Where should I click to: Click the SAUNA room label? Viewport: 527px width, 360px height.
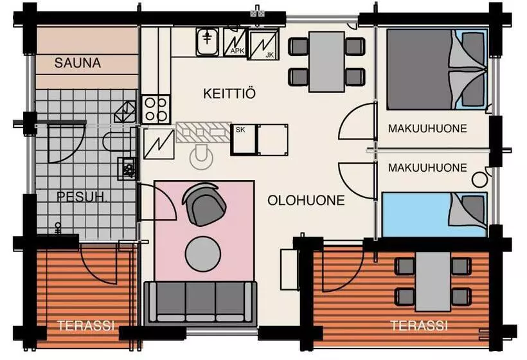[77, 63]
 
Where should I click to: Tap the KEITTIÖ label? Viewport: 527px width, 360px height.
[229, 93]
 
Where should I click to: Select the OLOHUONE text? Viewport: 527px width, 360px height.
[306, 201]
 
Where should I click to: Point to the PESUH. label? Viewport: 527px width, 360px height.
[82, 197]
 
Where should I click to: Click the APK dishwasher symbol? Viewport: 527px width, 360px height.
[235, 42]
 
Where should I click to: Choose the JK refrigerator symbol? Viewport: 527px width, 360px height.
[263, 44]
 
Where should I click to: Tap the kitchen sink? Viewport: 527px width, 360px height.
[208, 42]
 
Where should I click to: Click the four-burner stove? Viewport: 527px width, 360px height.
[156, 109]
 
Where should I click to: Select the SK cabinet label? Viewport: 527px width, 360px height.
[240, 129]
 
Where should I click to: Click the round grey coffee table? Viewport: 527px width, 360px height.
[202, 254]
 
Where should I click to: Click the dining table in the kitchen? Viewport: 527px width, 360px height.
[326, 62]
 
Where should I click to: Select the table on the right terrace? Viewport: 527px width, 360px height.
[433, 282]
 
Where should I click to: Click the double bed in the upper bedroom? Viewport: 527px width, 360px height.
[437, 69]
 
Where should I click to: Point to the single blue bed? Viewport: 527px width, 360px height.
[434, 215]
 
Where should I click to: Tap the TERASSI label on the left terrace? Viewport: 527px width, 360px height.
[85, 325]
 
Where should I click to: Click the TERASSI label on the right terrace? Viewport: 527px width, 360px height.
[419, 325]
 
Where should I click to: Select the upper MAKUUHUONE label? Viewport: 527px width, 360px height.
[427, 129]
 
